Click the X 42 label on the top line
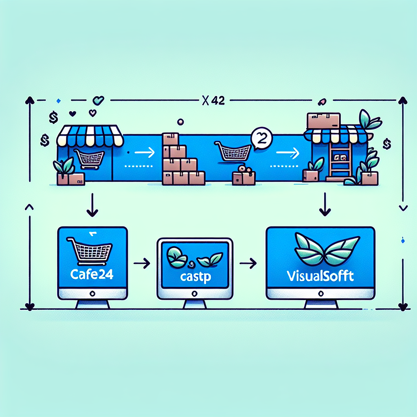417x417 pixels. (x=213, y=101)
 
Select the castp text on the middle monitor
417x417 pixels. (x=195, y=278)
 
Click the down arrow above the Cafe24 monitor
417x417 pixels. (x=92, y=207)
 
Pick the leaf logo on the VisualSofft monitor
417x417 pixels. (x=321, y=249)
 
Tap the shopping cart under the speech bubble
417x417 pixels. (x=233, y=151)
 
